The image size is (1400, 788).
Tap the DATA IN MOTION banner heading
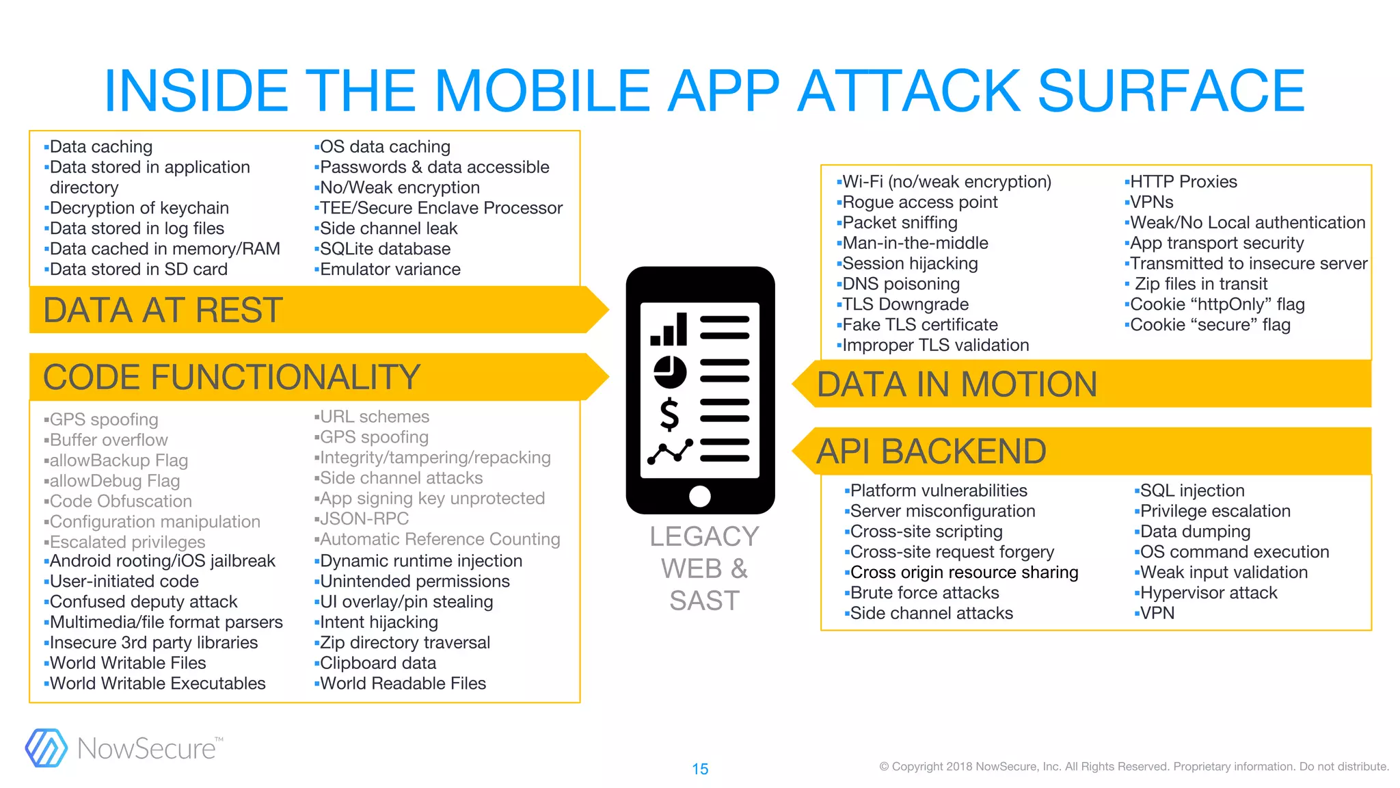(x=956, y=384)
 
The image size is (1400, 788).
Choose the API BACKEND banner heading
(x=931, y=451)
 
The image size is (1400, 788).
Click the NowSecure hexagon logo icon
(x=46, y=748)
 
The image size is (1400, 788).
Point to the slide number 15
(x=700, y=769)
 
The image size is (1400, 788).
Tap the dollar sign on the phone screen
(x=669, y=415)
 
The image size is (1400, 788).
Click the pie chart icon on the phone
(x=670, y=371)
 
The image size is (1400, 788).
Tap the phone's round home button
(x=700, y=496)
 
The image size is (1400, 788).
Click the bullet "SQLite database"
(x=385, y=249)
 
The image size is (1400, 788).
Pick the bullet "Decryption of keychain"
(x=139, y=208)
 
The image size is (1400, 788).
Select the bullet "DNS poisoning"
(x=900, y=284)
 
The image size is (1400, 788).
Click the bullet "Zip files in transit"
(x=1200, y=284)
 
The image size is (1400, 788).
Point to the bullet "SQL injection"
(x=1192, y=490)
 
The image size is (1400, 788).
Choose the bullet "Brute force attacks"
(x=924, y=593)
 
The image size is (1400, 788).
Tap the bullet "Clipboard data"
(x=377, y=663)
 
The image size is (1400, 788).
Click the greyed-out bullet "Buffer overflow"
(x=108, y=440)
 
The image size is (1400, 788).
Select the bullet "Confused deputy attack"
(x=143, y=602)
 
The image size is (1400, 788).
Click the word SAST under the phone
(x=704, y=601)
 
